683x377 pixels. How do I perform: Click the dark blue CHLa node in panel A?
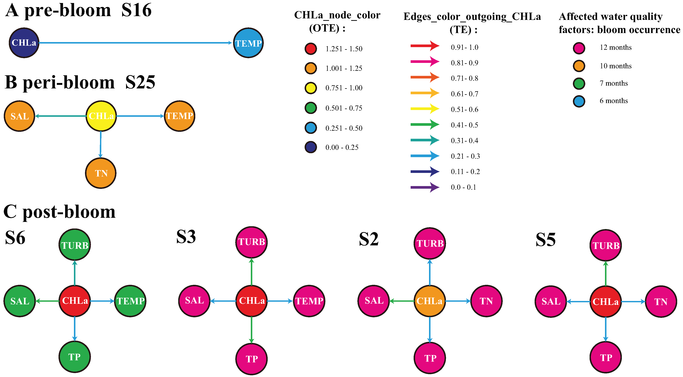coord(24,43)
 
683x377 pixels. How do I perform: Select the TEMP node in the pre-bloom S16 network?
coord(248,43)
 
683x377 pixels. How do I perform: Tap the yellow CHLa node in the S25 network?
coord(101,116)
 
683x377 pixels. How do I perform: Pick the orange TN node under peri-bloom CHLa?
coord(101,173)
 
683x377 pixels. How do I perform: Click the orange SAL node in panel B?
coord(19,116)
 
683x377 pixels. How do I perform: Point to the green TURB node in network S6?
coord(74,245)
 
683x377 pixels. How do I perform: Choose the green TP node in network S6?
coord(74,357)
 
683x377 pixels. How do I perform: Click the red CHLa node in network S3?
coord(251,301)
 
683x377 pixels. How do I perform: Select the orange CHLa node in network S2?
coord(430,301)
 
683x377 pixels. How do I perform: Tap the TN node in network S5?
coord(661,301)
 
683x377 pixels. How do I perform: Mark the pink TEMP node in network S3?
coord(309,301)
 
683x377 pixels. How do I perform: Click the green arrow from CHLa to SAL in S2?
coord(402,301)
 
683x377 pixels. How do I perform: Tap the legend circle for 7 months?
coord(579,84)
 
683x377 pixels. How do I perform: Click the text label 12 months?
coord(615,48)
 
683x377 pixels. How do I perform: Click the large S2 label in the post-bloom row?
coord(369,239)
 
